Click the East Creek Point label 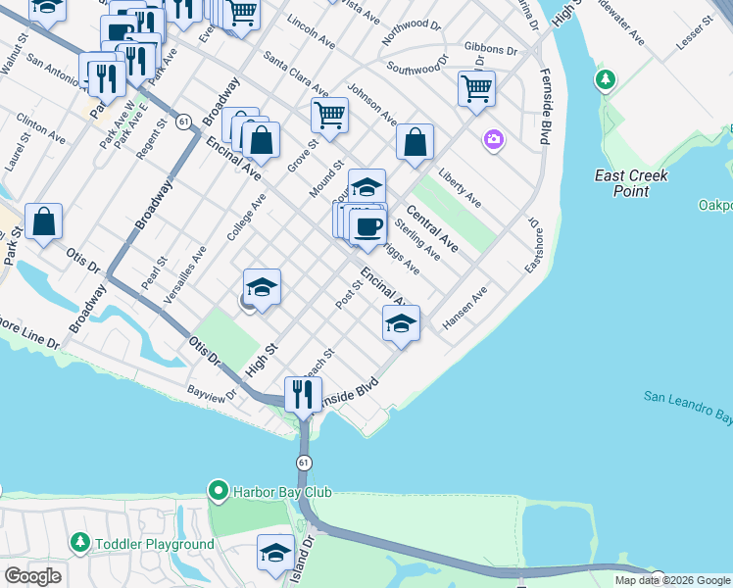tap(631, 183)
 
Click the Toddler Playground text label tap(154, 544)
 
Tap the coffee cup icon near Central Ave tap(368, 226)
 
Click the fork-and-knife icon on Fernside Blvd tap(303, 394)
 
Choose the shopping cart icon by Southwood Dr tap(476, 89)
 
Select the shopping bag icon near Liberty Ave tap(415, 142)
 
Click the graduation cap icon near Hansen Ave tap(401, 323)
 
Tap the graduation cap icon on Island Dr tap(275, 554)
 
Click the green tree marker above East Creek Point tap(607, 78)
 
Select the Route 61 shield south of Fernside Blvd tap(305, 462)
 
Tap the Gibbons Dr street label tap(490, 48)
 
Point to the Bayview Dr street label tap(213, 394)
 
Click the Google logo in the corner tap(32, 576)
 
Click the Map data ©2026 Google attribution tap(673, 580)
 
